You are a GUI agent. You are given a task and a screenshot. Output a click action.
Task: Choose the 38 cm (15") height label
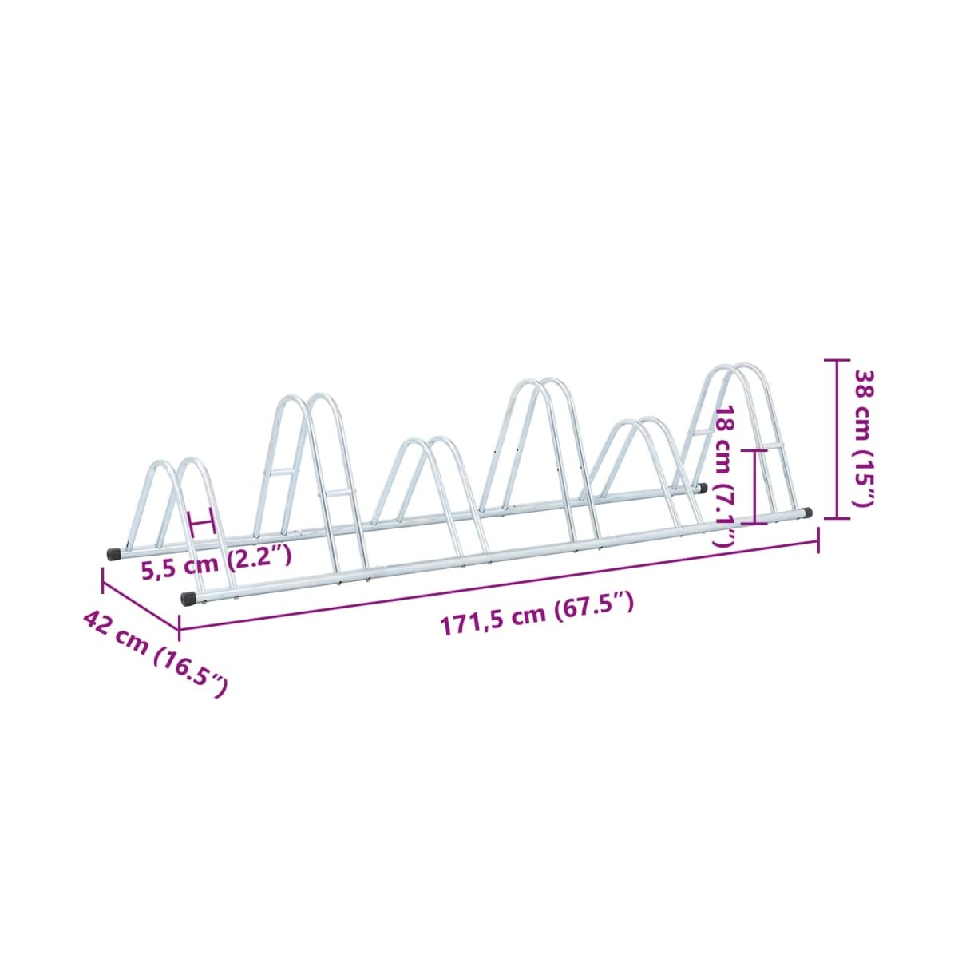tap(865, 430)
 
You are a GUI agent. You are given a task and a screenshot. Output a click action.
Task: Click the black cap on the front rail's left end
tap(188, 599)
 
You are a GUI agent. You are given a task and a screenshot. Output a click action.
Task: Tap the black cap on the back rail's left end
tap(113, 554)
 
